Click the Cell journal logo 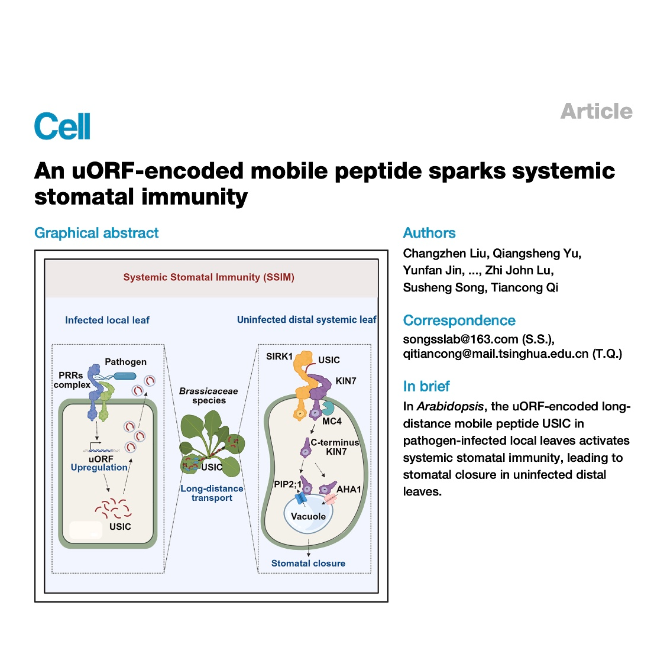[x=62, y=126]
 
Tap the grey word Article [x=597, y=111]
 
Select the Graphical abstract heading [x=96, y=233]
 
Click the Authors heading [x=429, y=233]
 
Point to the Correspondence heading [x=459, y=320]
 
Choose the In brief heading [x=426, y=386]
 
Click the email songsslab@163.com [x=461, y=339]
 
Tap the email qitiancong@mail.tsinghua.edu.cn [x=496, y=354]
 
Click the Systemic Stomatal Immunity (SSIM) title [x=209, y=277]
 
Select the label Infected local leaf [x=107, y=320]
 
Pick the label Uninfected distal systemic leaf [x=307, y=320]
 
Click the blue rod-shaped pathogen [x=125, y=376]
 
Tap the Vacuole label [x=309, y=516]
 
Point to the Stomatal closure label [x=309, y=563]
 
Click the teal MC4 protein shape [x=328, y=407]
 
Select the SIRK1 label [x=280, y=357]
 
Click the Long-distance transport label [x=212, y=493]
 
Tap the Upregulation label [x=99, y=468]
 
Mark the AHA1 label [x=349, y=490]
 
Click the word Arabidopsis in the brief [x=450, y=407]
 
